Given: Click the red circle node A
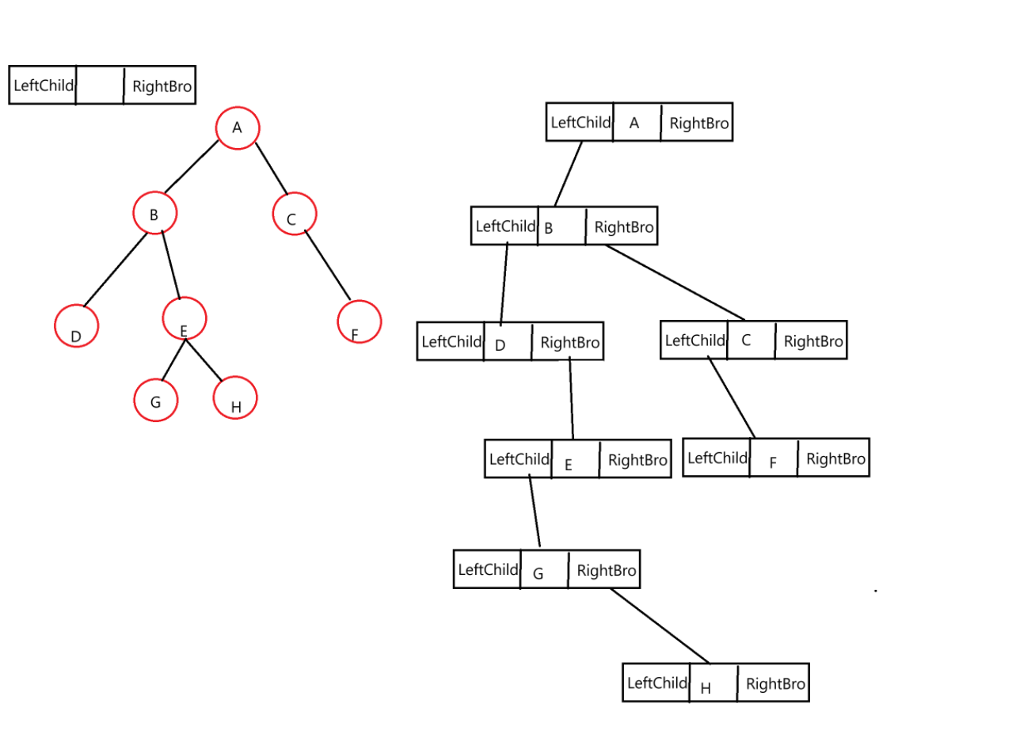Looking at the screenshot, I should pos(237,127).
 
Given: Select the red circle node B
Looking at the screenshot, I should pos(154,213).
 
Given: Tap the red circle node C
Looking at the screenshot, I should pos(294,214).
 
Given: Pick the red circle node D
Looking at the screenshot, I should pos(76,325).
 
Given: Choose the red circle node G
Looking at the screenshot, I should pos(155,400).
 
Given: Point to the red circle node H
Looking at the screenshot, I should pos(235,397).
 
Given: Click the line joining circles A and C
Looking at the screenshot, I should pos(271,169).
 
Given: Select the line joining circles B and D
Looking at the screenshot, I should pos(116,269).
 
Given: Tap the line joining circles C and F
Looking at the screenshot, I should pos(327,264).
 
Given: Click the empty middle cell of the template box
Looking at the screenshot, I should pos(100,86).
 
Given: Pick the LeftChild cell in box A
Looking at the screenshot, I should pos(580,123).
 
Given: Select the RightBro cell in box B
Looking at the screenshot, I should pos(622,227).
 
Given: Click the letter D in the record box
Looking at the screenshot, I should pos(500,345).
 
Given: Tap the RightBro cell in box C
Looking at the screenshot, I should pos(812,341).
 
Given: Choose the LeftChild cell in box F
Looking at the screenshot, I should pos(717,458).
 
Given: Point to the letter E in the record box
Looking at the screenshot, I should pos(568,465).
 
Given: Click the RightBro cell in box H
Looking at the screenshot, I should pos(774,684).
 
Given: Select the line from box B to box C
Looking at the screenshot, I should pos(675,282).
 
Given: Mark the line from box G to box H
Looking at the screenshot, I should pos(660,626).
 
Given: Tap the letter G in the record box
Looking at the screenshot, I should pos(538,573).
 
